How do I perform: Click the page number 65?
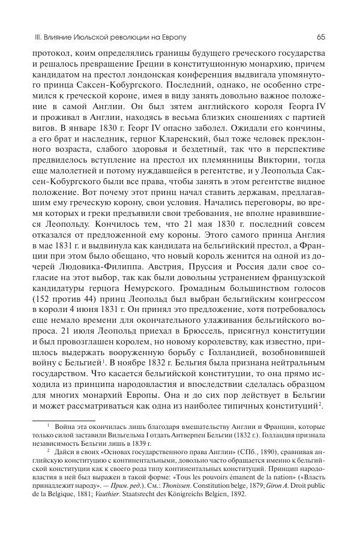(320, 37)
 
